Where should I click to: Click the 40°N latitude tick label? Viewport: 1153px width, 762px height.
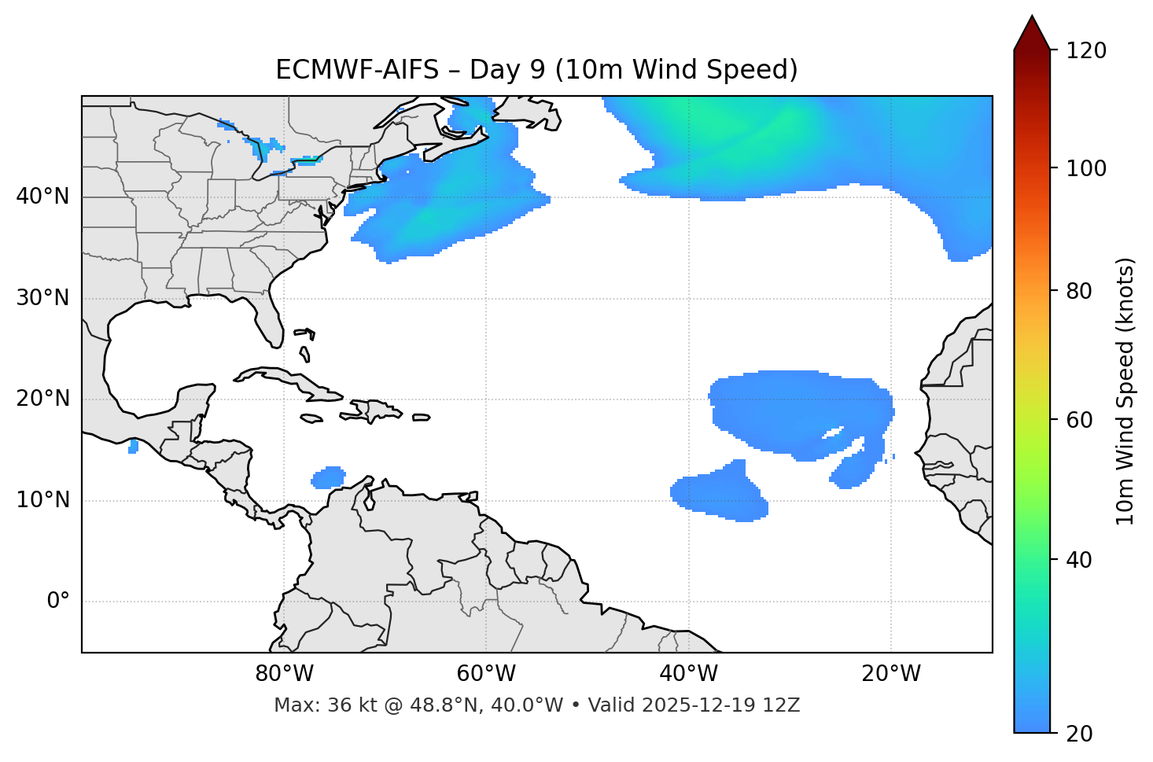(x=42, y=197)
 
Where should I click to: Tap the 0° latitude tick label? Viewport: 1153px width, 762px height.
(x=58, y=602)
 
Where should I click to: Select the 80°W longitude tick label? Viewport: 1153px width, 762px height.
(x=284, y=673)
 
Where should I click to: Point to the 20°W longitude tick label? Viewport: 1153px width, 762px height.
(x=891, y=673)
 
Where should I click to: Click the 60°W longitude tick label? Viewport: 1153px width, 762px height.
(x=486, y=673)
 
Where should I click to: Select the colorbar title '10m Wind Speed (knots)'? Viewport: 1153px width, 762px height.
(x=1125, y=392)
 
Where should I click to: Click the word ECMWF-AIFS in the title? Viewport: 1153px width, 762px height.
(x=357, y=70)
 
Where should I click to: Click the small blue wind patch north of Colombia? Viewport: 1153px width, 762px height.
(x=329, y=477)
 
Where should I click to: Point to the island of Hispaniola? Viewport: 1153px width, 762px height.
(x=376, y=410)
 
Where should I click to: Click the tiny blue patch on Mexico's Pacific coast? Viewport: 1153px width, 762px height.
(x=133, y=447)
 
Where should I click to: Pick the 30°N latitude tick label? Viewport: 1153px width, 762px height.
(x=42, y=298)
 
